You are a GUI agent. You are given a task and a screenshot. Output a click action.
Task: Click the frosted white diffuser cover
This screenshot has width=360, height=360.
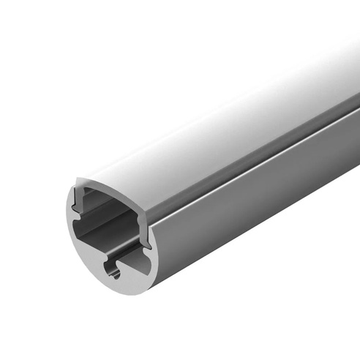coord(220,124)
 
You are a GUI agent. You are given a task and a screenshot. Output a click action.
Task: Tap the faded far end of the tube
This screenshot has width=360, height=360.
coord(344,88)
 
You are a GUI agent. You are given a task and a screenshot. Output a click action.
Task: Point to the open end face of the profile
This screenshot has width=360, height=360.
coord(110,234)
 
